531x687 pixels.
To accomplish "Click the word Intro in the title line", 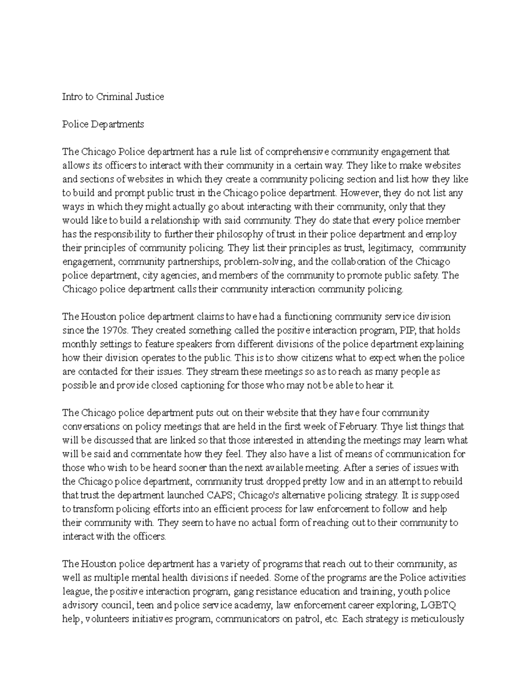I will coord(72,97).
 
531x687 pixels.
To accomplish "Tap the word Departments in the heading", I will coord(118,124).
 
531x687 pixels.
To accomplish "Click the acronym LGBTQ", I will coord(438,605).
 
